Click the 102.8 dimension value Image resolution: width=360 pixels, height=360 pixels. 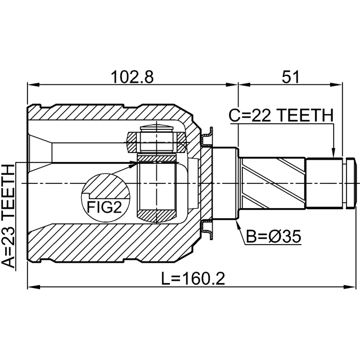tap(132, 77)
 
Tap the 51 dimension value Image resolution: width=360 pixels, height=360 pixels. tap(290, 77)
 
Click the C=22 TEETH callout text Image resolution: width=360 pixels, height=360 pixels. tap(281, 115)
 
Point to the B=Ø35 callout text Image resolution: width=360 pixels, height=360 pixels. tap(273, 237)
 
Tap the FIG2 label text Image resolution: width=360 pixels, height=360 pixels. tap(104, 208)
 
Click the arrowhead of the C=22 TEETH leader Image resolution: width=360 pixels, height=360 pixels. tap(334, 154)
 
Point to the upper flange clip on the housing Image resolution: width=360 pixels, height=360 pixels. tap(207, 135)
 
